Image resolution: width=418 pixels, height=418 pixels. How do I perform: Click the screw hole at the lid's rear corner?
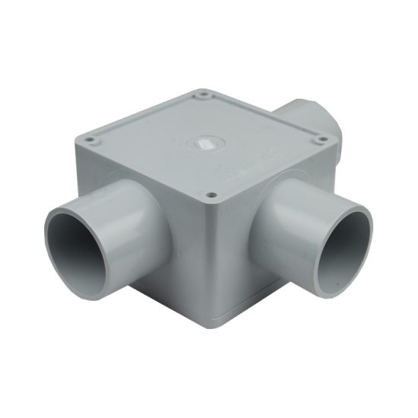(x=204, y=95)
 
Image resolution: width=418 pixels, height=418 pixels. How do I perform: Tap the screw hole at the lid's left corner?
(x=90, y=141)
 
